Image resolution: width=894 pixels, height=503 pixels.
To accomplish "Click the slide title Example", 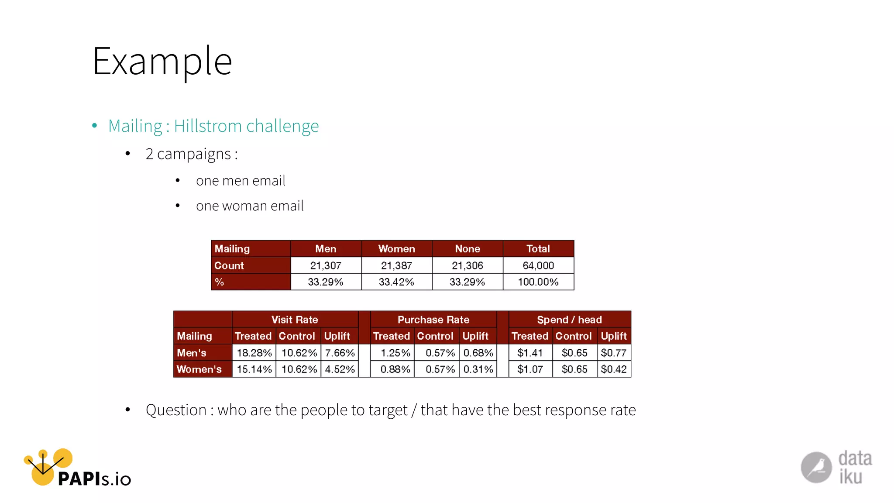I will [x=162, y=62].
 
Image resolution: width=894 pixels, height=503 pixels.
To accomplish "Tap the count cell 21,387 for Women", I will [x=396, y=265].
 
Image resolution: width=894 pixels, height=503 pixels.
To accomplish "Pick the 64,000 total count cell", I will [x=538, y=265].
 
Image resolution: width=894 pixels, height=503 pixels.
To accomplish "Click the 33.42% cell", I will [x=396, y=282].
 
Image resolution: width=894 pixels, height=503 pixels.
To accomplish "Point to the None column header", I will [x=467, y=249].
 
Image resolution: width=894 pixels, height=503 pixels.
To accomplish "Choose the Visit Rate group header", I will [x=295, y=320].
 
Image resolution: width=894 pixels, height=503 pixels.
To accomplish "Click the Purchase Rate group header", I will [x=433, y=320].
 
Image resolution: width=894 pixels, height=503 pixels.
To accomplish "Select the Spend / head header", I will [x=569, y=320].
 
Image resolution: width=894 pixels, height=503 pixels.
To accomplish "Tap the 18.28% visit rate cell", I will [x=254, y=353].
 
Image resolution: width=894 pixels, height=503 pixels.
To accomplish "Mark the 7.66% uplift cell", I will [x=340, y=353].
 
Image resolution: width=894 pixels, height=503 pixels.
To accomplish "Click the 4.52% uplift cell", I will [x=340, y=369].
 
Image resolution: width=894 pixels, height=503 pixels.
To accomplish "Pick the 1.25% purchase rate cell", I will [x=395, y=353].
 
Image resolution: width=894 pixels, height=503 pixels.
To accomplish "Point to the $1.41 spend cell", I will [x=530, y=353].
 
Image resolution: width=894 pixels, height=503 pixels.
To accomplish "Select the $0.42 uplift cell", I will [x=613, y=369].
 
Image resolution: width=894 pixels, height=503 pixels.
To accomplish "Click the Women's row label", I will [x=199, y=369].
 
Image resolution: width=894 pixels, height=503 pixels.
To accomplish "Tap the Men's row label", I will [x=192, y=353].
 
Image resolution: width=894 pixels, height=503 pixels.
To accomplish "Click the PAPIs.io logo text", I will [x=94, y=479].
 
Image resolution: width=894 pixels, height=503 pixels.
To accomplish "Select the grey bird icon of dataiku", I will [x=816, y=468].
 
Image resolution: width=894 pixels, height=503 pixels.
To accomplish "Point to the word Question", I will [x=176, y=410].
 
